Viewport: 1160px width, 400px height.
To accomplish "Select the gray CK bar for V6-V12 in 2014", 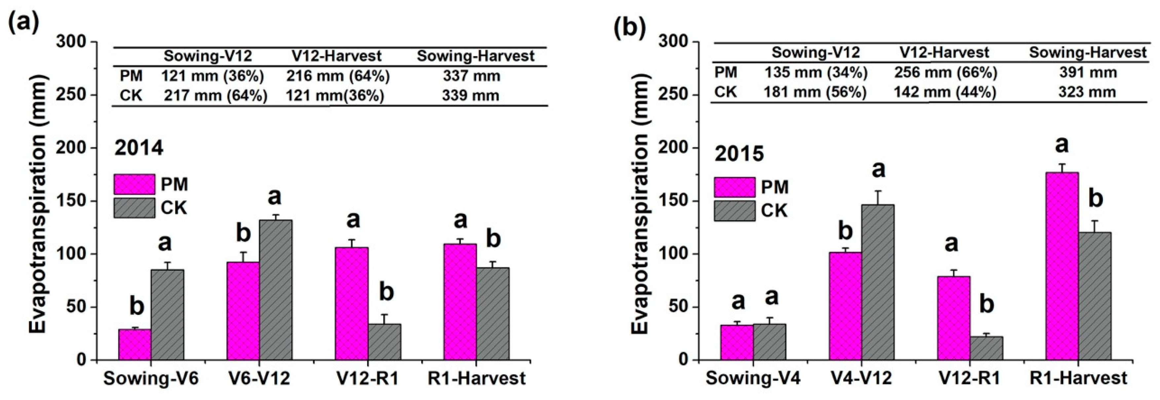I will [x=276, y=290].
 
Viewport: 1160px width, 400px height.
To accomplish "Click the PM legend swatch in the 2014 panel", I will [x=134, y=184].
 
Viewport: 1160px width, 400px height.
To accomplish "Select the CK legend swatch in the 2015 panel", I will [x=734, y=211].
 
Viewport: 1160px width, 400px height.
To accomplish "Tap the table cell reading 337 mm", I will [x=471, y=76].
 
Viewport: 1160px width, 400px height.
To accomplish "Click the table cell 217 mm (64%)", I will [x=215, y=95].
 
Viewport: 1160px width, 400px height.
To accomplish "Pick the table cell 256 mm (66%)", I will [x=945, y=72].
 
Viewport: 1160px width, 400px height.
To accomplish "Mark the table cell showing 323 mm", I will [x=1087, y=92].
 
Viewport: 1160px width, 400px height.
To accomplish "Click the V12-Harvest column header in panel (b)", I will [x=944, y=53].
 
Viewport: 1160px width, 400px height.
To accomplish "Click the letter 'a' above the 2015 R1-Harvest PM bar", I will [x=1062, y=145].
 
